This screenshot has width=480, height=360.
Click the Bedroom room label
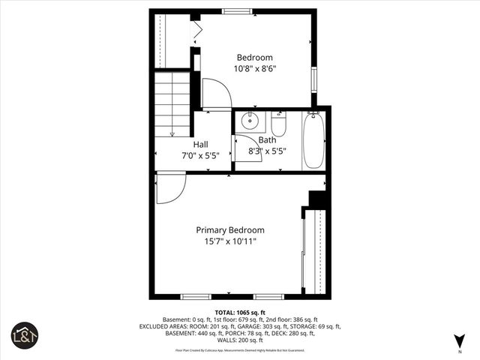[x=255, y=58]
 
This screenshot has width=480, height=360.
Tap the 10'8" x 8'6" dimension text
[x=255, y=69]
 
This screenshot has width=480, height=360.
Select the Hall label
[x=200, y=144]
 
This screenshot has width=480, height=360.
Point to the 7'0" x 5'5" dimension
[x=200, y=156]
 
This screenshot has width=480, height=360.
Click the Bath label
[x=267, y=139]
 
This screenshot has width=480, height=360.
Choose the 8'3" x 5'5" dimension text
[x=267, y=151]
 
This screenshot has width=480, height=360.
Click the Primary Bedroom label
[x=230, y=230]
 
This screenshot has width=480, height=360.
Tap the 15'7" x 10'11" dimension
[x=230, y=241]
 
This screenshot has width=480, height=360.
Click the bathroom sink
[x=249, y=120]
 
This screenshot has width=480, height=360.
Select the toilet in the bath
[x=278, y=123]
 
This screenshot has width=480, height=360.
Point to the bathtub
[x=314, y=140]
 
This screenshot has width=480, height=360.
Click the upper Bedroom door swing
[x=214, y=94]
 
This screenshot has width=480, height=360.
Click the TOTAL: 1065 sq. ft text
[x=240, y=312]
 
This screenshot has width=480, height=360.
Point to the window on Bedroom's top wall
[x=236, y=11]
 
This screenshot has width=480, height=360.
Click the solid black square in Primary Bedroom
[x=318, y=200]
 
